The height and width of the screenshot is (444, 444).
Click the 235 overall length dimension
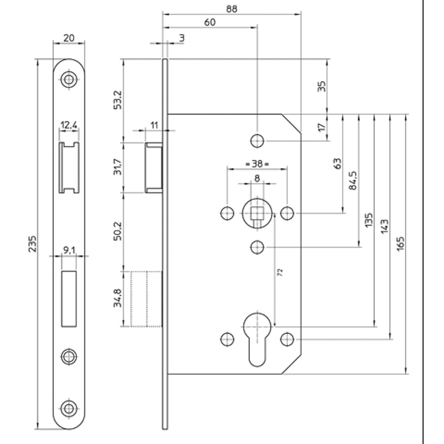[x=32, y=243]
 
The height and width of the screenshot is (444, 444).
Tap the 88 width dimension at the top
[x=232, y=9]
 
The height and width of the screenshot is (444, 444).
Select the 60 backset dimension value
[x=210, y=22]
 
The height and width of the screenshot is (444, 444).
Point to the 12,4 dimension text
[x=69, y=125]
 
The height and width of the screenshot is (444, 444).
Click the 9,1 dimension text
[x=69, y=250]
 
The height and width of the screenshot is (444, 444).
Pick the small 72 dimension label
[x=280, y=273]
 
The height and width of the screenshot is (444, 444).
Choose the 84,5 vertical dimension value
[x=353, y=180]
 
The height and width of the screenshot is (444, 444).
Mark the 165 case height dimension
[x=400, y=243]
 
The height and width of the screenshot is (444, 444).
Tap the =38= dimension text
[x=257, y=164]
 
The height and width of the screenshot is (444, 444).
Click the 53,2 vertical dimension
[x=118, y=99]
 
